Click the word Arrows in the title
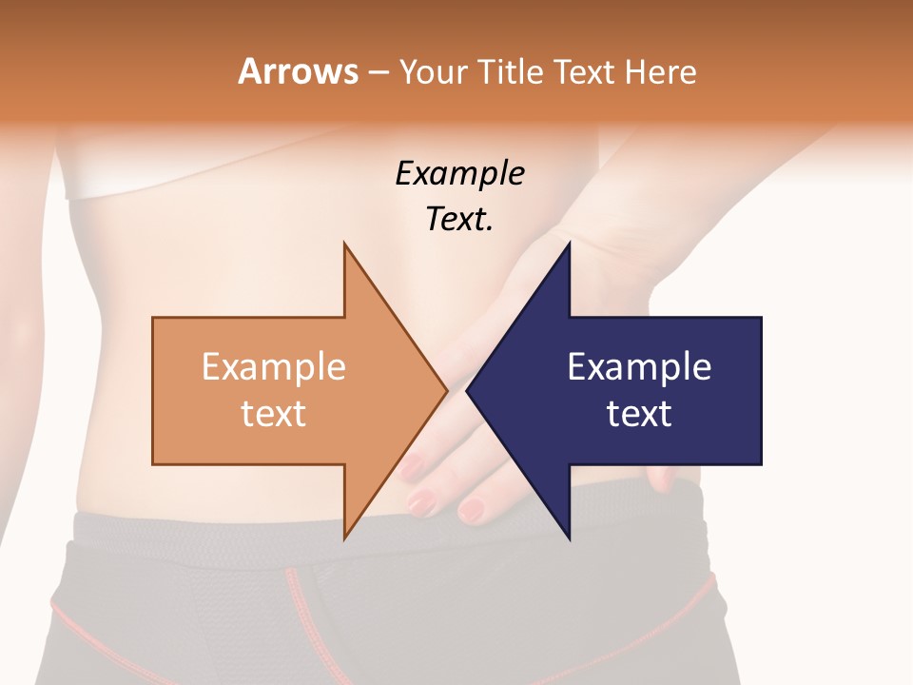coord(298,71)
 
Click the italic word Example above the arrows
coord(459,174)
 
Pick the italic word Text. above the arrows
coord(459,219)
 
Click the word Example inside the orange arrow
coord(273,366)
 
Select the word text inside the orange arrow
coord(273,414)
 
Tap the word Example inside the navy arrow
coord(639,366)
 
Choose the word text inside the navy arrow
coord(639,414)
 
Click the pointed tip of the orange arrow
coord(446,391)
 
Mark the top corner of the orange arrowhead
coord(344,244)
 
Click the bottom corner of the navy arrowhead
coord(569,538)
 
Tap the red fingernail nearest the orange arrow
coord(411,465)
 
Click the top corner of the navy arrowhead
coord(569,244)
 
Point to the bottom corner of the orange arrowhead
coord(344,538)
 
